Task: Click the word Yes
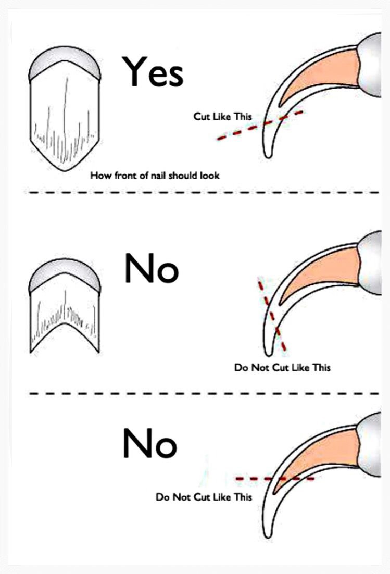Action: coord(153,72)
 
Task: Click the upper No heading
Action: coord(152,269)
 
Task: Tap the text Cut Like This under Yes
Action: coord(222,116)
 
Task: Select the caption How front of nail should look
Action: coord(155,176)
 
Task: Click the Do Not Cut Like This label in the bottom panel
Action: coord(204,497)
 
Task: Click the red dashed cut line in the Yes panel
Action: coord(260,125)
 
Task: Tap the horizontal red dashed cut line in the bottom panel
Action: coord(275,479)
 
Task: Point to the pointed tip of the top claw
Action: coord(268,156)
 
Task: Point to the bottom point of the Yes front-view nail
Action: coord(66,171)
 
